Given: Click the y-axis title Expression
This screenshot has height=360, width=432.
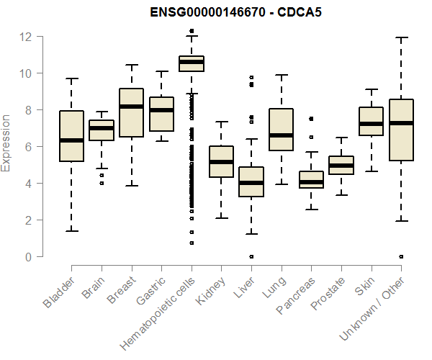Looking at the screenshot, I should point(7,143).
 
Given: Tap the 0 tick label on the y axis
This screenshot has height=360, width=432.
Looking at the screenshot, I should point(27,257).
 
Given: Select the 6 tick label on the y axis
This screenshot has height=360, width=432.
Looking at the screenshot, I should point(27,147).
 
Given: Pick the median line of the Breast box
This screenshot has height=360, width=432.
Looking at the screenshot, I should point(131,107).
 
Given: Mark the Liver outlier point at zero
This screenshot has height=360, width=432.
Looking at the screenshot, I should point(251,256).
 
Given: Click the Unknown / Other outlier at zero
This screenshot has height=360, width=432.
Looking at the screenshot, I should point(401,256).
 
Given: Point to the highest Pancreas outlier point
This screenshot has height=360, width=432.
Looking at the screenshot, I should point(311,119).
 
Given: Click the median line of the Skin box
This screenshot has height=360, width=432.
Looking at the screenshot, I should point(371,124).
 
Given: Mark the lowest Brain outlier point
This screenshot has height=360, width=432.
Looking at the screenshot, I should point(102,183).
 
